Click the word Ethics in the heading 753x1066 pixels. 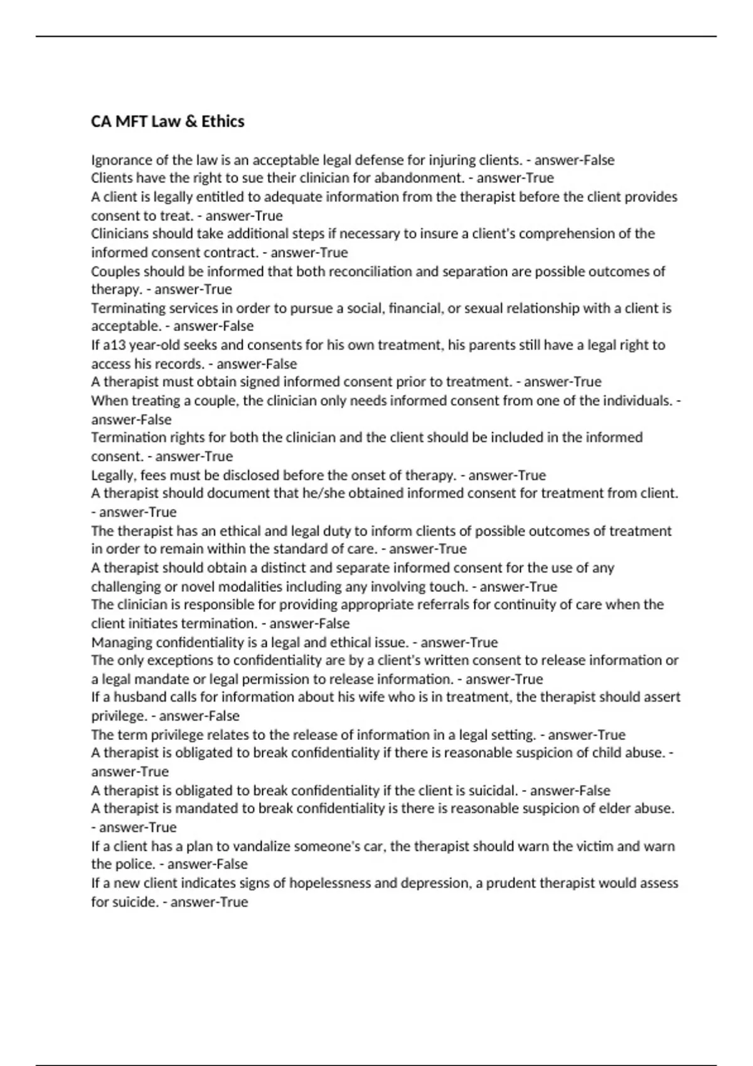223,121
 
